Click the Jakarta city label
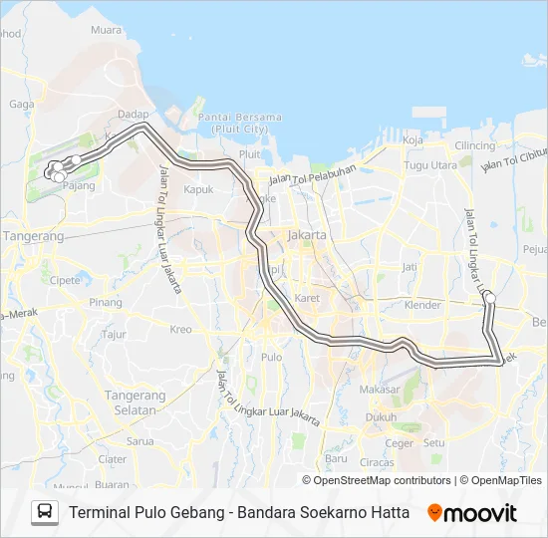[306, 234]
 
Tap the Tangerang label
[34, 236]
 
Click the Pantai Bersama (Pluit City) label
[239, 123]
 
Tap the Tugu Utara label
[430, 164]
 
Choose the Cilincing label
[474, 145]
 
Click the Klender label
[423, 305]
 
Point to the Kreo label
[180, 329]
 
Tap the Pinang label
[106, 302]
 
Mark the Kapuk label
[199, 188]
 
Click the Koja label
[412, 140]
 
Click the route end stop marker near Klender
[489, 296]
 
